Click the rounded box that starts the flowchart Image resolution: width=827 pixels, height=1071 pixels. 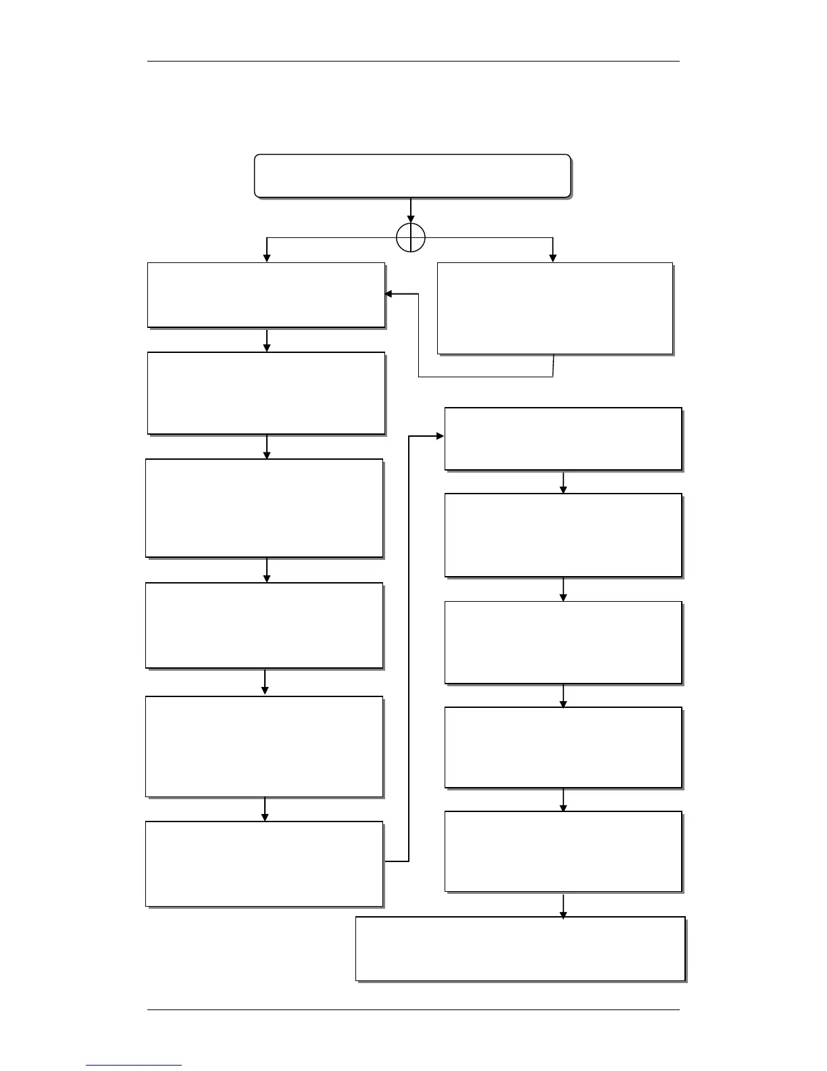point(412,176)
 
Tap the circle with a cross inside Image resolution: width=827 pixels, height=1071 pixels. point(411,238)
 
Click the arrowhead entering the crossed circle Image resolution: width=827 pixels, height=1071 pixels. point(411,219)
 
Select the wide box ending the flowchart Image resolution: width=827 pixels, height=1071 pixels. point(520,948)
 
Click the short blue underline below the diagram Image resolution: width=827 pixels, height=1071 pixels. point(134,1066)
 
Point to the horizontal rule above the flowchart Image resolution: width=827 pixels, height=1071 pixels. point(413,62)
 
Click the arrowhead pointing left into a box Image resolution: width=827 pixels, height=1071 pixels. point(389,294)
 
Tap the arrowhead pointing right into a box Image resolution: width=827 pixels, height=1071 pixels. point(440,436)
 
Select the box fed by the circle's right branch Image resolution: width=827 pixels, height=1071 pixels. point(555,308)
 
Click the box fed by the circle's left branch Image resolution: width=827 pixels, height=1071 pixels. point(266,295)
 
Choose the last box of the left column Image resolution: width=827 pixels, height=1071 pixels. point(264,863)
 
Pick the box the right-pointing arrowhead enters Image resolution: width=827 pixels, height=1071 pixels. point(563,438)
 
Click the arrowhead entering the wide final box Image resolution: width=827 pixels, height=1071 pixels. point(563,913)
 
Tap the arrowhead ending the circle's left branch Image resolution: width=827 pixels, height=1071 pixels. point(267,258)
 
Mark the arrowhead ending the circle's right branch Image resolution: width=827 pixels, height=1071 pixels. point(553,258)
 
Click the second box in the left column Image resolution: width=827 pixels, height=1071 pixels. point(266,393)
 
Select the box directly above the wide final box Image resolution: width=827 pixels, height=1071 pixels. point(563,851)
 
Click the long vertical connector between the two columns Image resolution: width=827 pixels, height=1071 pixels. point(409,649)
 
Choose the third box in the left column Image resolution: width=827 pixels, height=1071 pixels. point(264,508)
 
